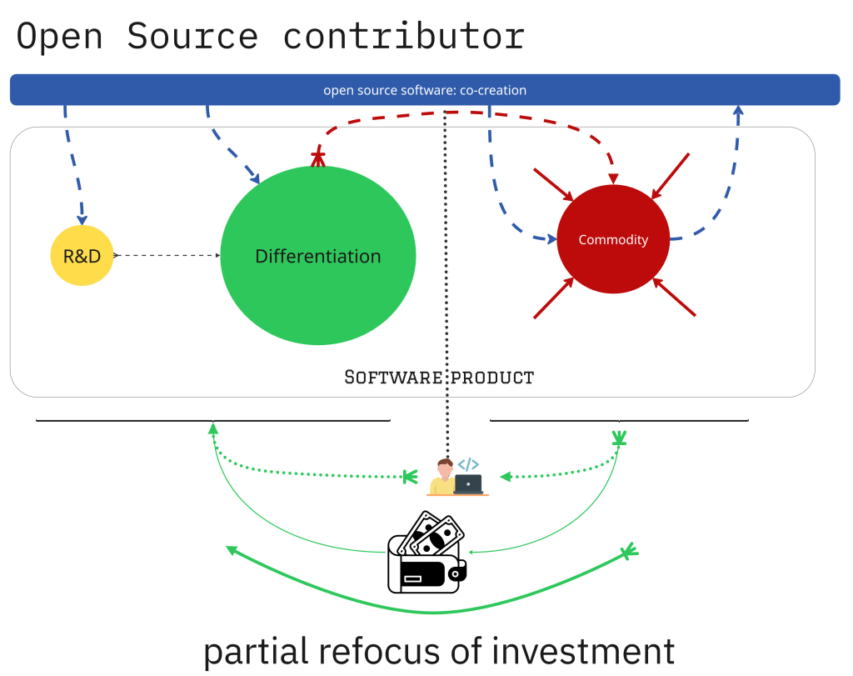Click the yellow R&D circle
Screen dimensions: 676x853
82,256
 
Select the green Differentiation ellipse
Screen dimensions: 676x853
317,256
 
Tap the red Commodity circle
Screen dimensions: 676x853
613,240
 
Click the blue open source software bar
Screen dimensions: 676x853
425,90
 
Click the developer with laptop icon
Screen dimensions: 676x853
457,478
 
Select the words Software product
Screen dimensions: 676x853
439,377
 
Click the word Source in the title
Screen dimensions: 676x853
192,37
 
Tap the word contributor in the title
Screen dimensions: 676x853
404,37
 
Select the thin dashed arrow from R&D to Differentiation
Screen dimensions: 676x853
167,255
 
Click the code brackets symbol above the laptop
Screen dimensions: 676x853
468,464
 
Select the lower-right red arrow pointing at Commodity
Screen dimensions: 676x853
675,298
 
